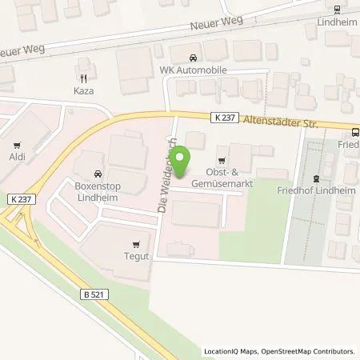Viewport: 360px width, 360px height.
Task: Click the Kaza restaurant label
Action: pyautogui.click(x=82, y=91)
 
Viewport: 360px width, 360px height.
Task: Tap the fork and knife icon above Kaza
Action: pyautogui.click(x=82, y=78)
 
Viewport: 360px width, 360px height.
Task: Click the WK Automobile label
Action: pyautogui.click(x=193, y=70)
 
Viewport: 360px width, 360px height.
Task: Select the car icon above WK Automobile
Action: pyautogui.click(x=193, y=58)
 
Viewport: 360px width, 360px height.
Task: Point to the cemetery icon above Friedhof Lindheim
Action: pyautogui.click(x=315, y=178)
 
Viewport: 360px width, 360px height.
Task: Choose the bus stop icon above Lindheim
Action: pyautogui.click(x=337, y=10)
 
